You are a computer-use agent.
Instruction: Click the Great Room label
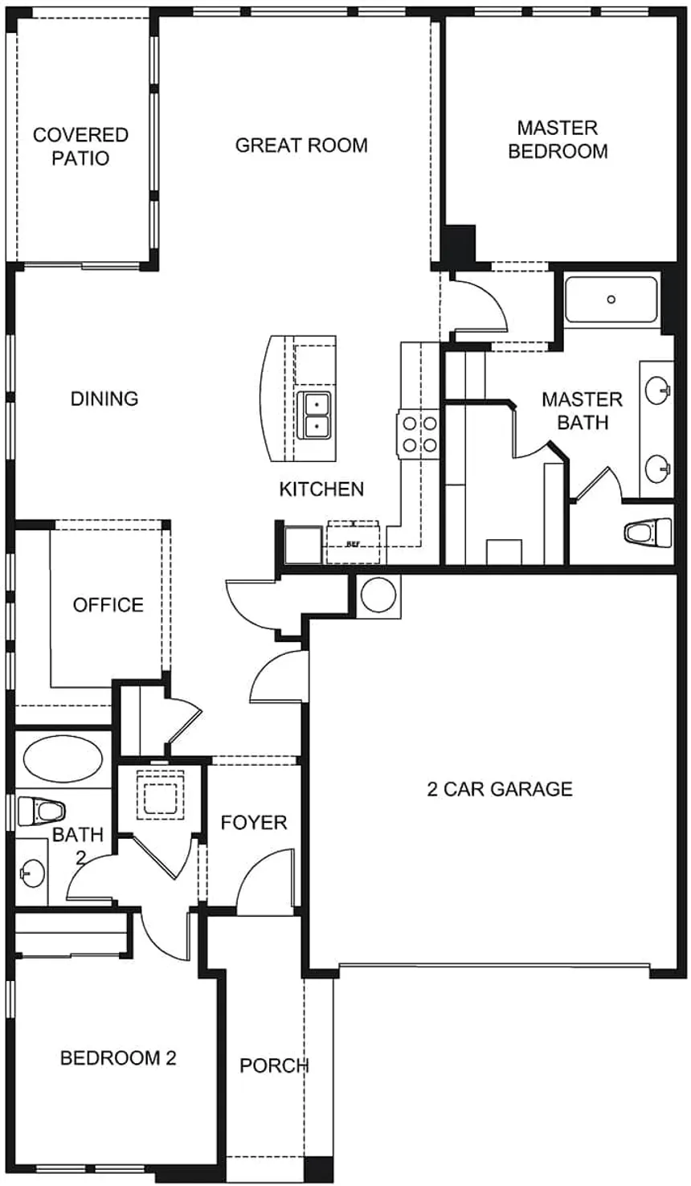tap(301, 145)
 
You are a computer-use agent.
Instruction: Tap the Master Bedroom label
tap(558, 139)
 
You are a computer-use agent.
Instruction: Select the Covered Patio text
tap(80, 146)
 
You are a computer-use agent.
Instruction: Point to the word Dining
tap(104, 399)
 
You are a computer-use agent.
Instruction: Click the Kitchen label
tap(321, 489)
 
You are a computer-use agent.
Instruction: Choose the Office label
tap(108, 604)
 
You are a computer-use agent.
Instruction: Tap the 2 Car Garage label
tap(500, 789)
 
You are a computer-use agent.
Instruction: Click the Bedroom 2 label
tap(118, 1058)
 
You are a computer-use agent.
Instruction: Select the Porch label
tap(274, 1065)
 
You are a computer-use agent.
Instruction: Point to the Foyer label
tap(254, 822)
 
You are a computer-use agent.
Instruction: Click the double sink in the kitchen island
tap(316, 415)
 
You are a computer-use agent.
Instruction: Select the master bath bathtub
tap(611, 300)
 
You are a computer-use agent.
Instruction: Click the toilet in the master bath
tap(648, 533)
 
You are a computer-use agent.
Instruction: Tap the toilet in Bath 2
tap(41, 811)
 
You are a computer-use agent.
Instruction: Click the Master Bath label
tap(582, 411)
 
